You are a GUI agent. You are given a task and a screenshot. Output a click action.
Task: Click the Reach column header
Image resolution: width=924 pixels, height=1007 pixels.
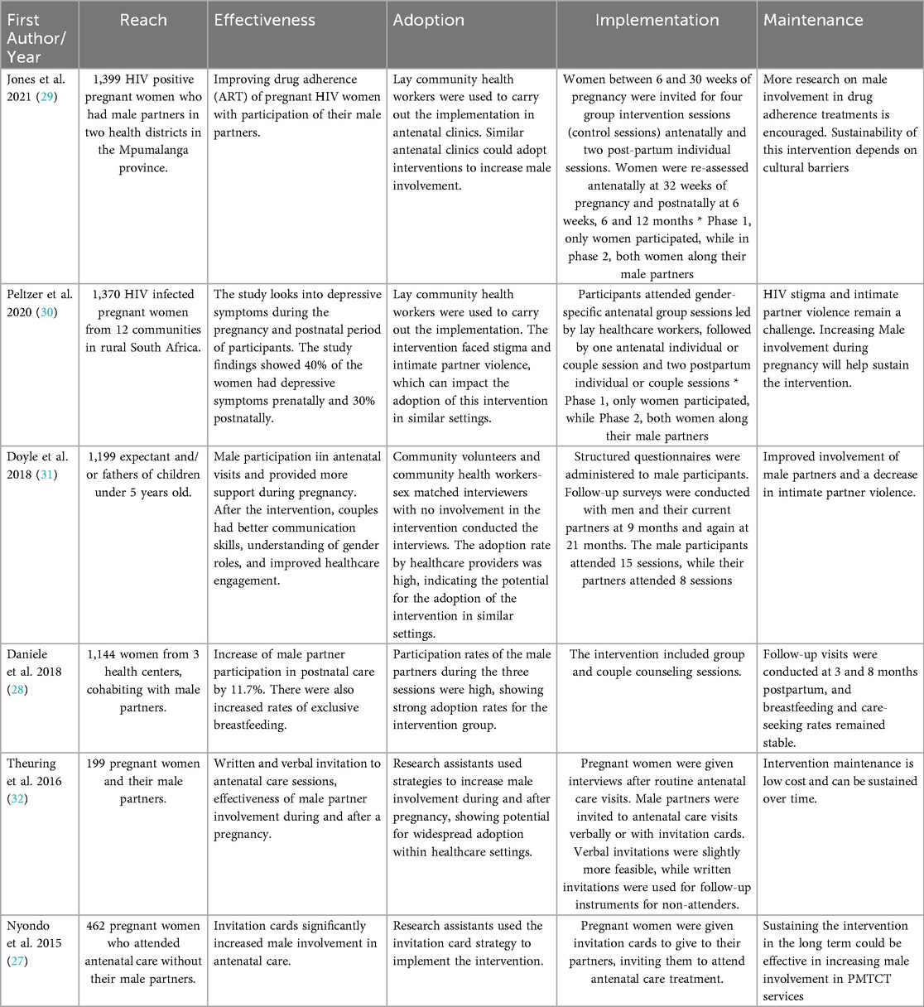(x=143, y=21)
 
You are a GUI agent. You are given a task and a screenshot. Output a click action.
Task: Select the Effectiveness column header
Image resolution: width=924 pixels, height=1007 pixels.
(x=265, y=21)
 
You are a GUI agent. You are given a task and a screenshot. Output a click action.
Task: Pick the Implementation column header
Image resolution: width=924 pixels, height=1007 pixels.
(x=657, y=21)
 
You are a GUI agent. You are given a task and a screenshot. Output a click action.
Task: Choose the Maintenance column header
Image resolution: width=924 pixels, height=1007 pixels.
(x=813, y=21)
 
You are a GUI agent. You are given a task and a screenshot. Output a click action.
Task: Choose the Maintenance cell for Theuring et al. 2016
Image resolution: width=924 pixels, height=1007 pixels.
(x=840, y=780)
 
